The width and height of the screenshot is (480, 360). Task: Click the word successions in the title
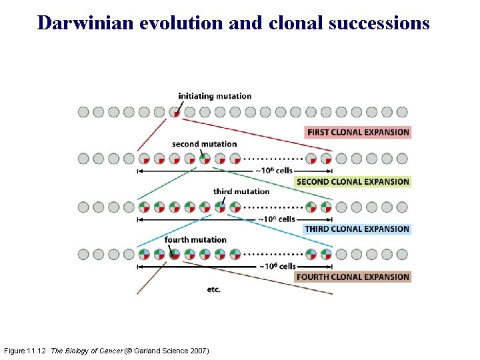click(x=383, y=23)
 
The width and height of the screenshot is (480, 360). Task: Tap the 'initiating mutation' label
click(x=215, y=96)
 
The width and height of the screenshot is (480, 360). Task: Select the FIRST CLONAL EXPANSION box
click(x=358, y=132)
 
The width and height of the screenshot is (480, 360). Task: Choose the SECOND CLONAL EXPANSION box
click(x=353, y=181)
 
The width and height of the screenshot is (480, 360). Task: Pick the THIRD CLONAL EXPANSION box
click(x=357, y=229)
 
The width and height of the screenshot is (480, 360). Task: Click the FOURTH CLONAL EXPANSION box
click(x=353, y=277)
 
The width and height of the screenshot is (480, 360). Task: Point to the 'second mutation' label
click(x=204, y=144)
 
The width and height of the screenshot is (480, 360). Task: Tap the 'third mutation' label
click(x=241, y=191)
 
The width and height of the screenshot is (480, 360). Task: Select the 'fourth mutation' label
click(x=195, y=239)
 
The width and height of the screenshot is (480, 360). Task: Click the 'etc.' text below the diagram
click(x=213, y=289)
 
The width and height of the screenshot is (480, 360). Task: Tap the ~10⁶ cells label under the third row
click(x=276, y=219)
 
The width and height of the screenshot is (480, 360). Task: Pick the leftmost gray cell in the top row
click(x=83, y=112)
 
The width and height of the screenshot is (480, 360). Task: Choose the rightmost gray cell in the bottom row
click(x=402, y=254)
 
